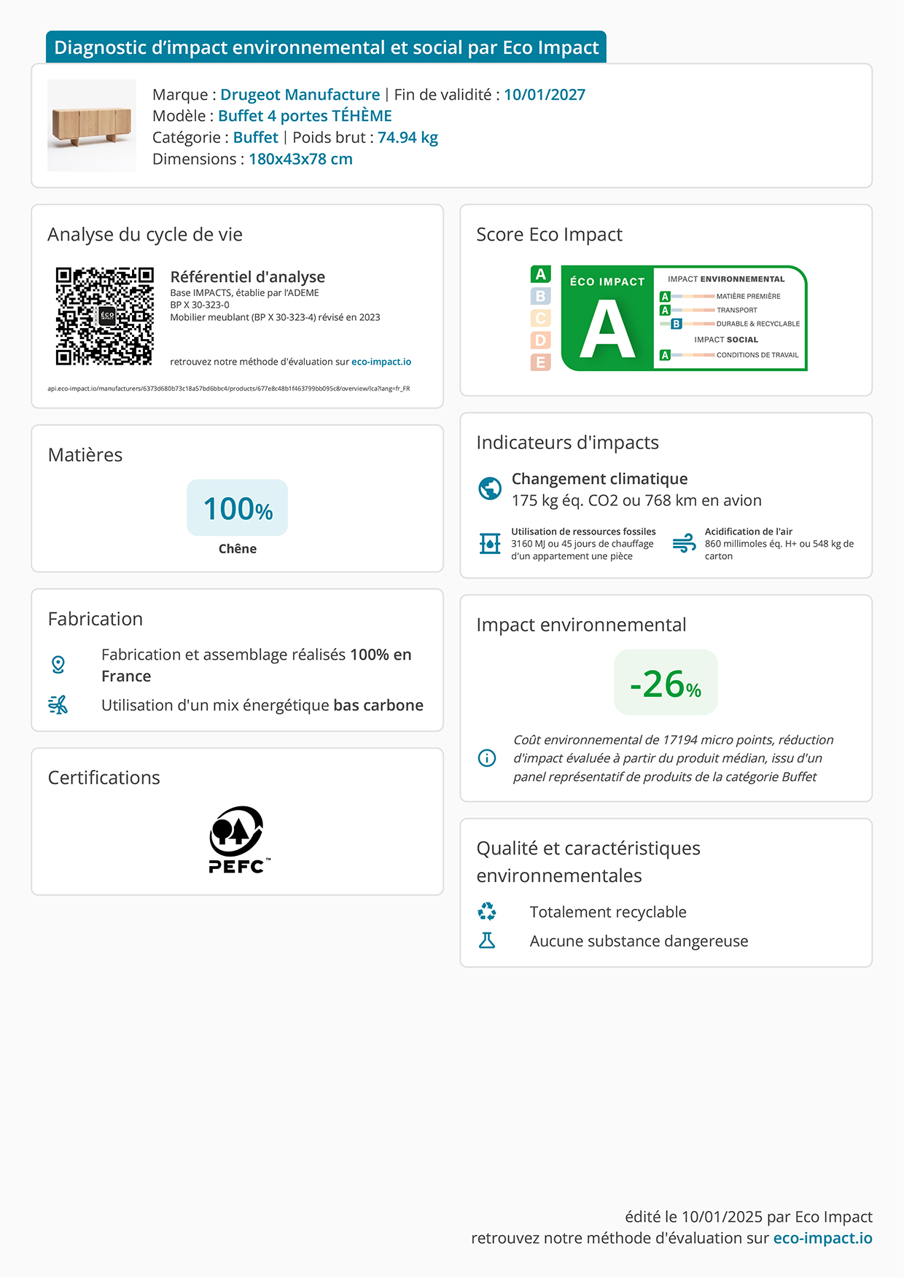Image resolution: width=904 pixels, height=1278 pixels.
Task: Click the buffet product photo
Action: coord(92,125)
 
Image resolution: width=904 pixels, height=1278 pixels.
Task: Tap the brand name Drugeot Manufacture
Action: coord(300,95)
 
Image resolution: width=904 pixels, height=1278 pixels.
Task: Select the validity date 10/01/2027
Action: coord(545,95)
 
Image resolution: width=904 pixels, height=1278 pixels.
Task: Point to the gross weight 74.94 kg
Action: coord(408,138)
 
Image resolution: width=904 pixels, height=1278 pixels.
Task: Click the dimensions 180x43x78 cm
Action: coord(300,159)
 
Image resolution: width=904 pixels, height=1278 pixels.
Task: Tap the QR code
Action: coord(105,316)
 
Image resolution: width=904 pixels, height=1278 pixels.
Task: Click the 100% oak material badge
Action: coord(238,508)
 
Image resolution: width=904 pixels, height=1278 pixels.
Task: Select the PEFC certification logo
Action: coord(237,840)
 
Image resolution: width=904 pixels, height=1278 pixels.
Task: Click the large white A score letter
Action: coord(607,330)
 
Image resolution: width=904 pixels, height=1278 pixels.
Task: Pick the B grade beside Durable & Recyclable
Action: coord(677,324)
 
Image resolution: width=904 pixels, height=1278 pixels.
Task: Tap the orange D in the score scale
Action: coord(540,340)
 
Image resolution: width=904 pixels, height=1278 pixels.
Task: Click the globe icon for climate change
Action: coord(490,488)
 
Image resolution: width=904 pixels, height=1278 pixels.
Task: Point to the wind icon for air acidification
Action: coord(684,543)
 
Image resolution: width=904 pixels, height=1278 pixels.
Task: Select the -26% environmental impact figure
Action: coord(666,683)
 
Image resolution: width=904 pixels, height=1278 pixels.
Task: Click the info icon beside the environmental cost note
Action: coord(487,758)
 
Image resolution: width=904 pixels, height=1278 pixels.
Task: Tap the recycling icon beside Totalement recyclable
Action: coord(487,911)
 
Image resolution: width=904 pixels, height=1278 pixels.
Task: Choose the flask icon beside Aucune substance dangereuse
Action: coord(487,940)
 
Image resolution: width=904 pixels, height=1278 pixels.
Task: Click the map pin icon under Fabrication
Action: coord(58,664)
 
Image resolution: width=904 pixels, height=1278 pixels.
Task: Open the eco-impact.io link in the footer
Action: coord(822,1238)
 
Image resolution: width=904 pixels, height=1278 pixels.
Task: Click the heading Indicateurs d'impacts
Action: coord(567,443)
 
